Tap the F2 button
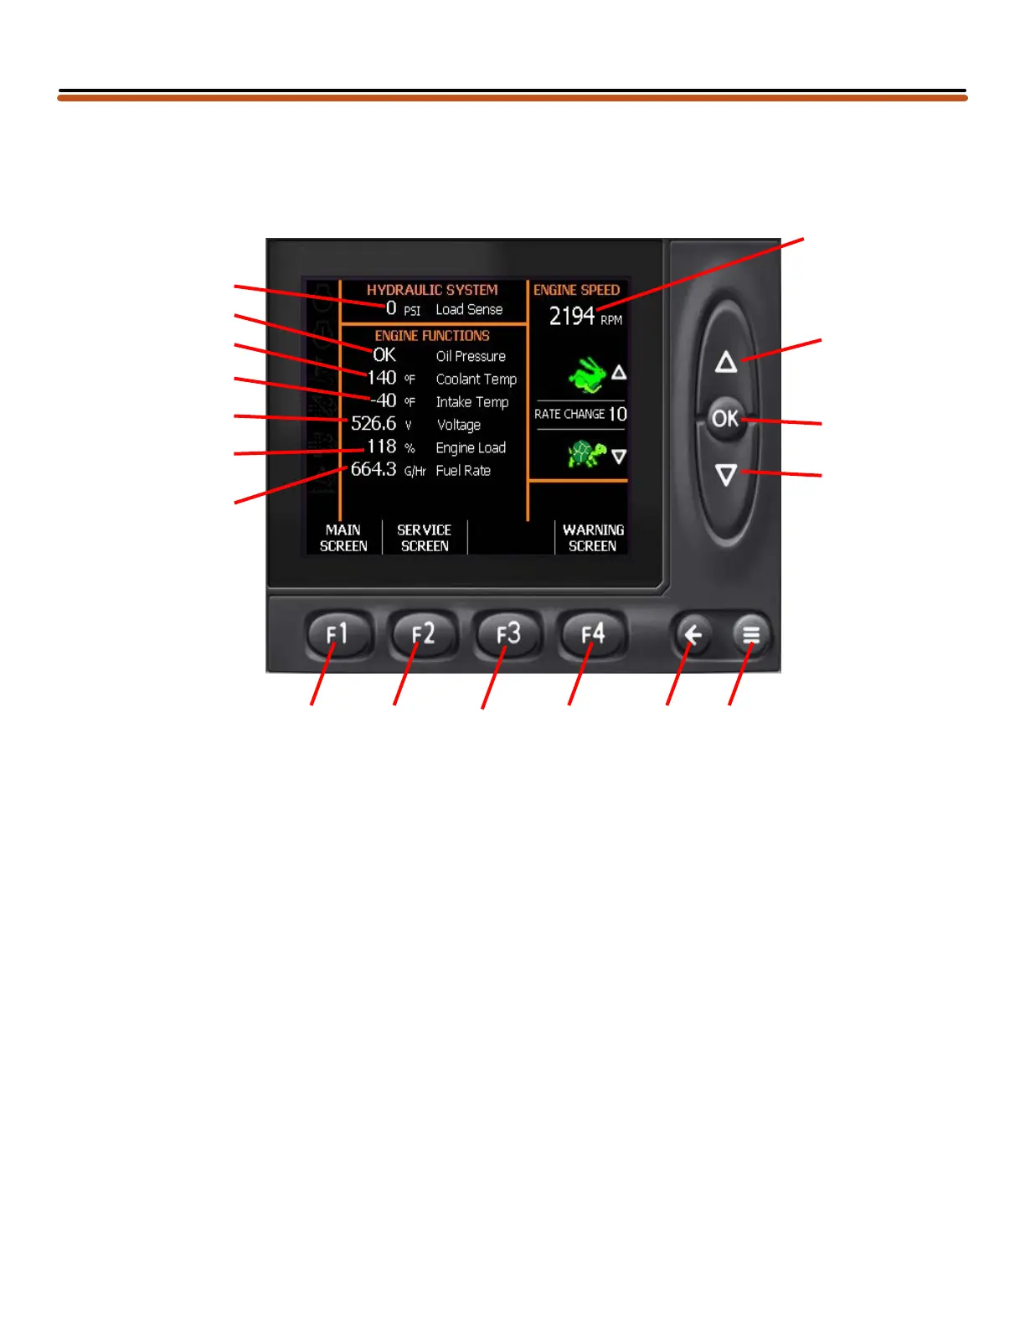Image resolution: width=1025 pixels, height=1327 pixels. [424, 635]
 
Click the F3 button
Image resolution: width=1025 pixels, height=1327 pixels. [508, 635]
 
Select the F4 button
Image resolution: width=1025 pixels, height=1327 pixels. [593, 635]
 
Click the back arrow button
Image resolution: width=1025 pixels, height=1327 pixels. [693, 636]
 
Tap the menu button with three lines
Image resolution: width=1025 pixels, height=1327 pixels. [751, 636]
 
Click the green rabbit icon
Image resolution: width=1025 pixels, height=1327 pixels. [588, 374]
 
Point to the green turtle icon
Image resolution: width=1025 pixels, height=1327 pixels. [587, 455]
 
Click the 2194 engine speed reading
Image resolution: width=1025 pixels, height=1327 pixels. [572, 316]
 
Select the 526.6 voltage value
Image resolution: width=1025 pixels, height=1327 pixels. [373, 424]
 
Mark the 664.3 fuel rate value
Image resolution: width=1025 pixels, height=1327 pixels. [373, 469]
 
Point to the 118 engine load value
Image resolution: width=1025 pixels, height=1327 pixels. [382, 447]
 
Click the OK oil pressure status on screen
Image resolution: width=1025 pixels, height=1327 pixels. [384, 355]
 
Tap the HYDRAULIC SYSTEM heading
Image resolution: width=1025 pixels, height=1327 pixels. [432, 290]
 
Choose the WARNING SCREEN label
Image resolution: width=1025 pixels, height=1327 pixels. [593, 538]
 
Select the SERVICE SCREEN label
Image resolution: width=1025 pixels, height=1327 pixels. [424, 538]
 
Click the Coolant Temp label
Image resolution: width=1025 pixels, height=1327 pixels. [476, 380]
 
